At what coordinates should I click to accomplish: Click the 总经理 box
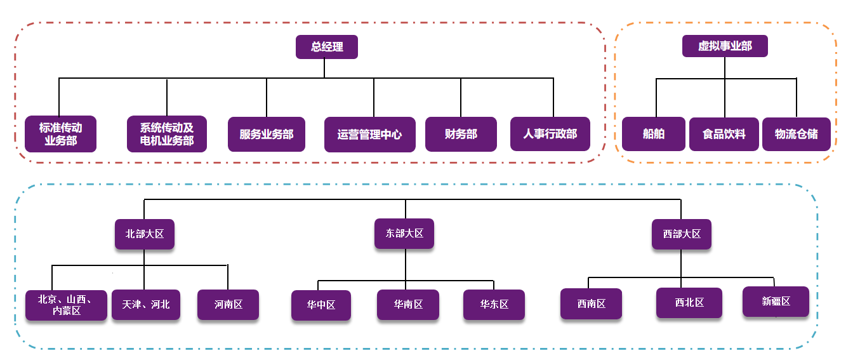click(327, 47)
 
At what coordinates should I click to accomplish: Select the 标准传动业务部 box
click(60, 134)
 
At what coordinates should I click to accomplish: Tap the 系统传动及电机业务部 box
click(167, 134)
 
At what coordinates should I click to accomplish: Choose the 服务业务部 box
click(267, 134)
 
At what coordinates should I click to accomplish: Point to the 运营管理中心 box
click(369, 135)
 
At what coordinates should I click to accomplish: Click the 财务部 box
click(461, 134)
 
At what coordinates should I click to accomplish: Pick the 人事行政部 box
click(550, 134)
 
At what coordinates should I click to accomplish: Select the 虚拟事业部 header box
click(725, 46)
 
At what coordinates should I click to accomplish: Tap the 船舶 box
click(654, 134)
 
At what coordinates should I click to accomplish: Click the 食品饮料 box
click(724, 134)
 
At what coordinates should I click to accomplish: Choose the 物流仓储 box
click(796, 134)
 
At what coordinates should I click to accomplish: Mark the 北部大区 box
click(145, 234)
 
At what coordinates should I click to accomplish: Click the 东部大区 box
click(404, 233)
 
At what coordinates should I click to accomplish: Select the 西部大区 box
click(682, 234)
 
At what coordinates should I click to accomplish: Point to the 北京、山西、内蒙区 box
click(66, 305)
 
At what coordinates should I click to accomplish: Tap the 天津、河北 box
click(146, 305)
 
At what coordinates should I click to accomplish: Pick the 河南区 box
click(228, 305)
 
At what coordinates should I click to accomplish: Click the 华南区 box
click(409, 304)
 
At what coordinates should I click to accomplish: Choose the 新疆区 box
click(776, 302)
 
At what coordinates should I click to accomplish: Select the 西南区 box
click(591, 303)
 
